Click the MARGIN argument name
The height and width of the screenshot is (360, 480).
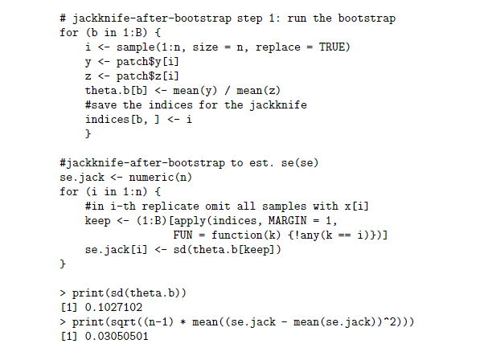click(286, 221)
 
